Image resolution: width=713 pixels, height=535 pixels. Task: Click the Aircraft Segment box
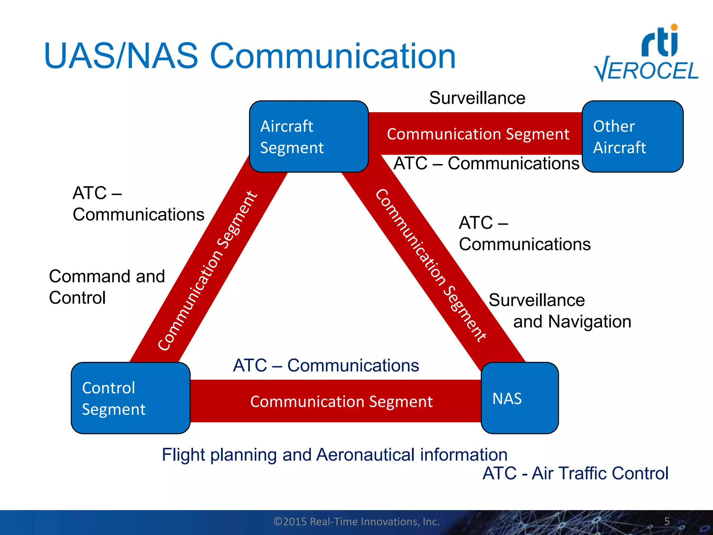[309, 137]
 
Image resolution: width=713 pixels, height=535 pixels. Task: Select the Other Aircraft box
[632, 137]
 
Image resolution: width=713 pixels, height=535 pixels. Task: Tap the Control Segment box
[131, 398]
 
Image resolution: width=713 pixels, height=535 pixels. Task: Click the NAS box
[519, 398]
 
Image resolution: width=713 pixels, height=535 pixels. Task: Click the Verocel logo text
[647, 71]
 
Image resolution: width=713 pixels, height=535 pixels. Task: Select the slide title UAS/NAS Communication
[250, 56]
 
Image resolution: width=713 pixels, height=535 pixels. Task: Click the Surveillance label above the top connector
[477, 98]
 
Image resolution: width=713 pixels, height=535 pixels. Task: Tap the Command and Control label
[107, 287]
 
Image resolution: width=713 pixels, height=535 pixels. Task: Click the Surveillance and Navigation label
[559, 311]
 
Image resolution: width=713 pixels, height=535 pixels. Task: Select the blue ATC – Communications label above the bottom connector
[326, 365]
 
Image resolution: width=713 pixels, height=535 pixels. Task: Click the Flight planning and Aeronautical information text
[335, 455]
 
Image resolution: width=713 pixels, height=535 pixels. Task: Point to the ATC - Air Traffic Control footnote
[575, 473]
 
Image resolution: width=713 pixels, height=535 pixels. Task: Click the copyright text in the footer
[356, 521]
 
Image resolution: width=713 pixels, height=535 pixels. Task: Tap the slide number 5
[667, 521]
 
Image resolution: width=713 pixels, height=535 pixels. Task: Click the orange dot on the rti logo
[674, 27]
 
